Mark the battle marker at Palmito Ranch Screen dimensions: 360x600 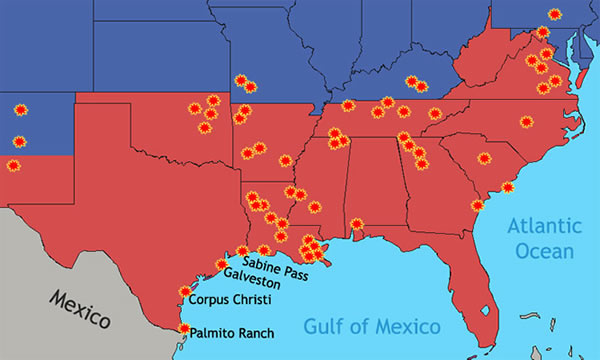pos(183,328)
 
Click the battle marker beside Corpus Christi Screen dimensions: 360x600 pos(184,292)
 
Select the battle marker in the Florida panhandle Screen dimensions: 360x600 pos(357,223)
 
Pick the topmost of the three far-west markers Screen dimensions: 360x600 pos(19,109)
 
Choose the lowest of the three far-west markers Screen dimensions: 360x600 pos(13,165)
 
